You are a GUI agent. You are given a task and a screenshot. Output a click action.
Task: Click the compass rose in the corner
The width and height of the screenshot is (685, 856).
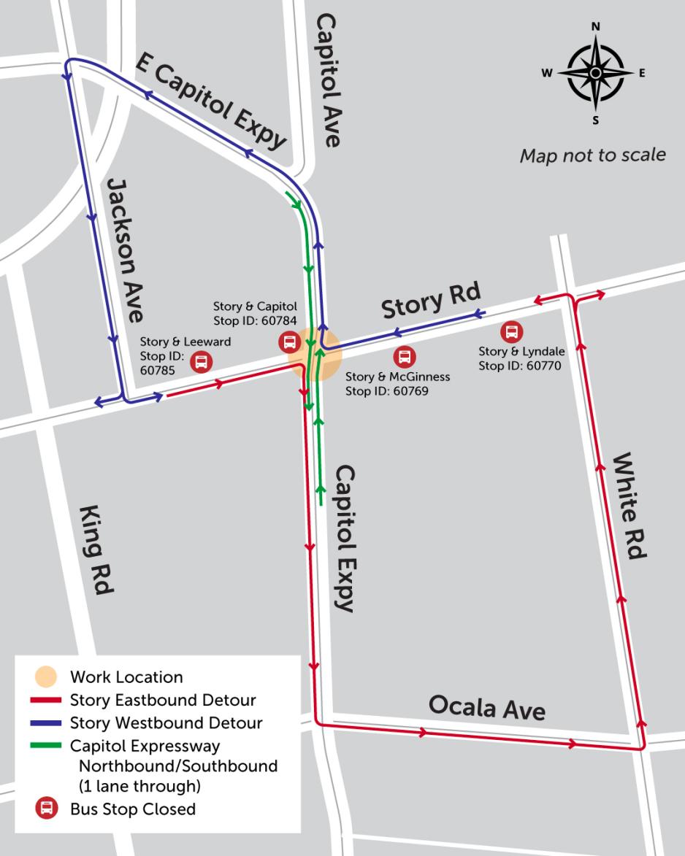pos(595,73)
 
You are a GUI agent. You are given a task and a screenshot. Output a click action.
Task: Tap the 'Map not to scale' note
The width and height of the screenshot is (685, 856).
pos(592,155)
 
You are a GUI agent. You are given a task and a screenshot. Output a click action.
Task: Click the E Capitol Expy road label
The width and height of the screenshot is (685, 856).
pos(211,102)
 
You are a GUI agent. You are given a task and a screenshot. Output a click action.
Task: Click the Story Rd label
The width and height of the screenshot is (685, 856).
pos(431,301)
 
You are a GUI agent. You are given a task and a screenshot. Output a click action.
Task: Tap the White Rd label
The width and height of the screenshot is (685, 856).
pos(629,506)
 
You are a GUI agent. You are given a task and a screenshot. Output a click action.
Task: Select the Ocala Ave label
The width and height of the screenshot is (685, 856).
pos(486,706)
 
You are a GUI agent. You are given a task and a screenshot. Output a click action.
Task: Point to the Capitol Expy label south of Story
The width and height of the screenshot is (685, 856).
pos(344,538)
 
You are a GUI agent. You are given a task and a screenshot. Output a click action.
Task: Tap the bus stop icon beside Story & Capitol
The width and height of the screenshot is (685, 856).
pos(289,342)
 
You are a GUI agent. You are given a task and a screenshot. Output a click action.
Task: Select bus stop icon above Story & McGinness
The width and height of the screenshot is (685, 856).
pos(405,357)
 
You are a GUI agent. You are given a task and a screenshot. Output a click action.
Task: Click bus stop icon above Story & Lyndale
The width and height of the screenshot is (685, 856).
pos(511,332)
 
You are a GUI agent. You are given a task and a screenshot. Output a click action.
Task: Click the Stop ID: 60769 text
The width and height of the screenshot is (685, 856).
pos(386,391)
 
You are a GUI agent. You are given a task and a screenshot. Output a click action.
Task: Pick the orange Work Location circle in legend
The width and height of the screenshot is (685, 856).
pos(46,676)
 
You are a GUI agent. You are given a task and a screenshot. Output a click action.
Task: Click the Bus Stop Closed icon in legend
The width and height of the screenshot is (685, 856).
pos(46,809)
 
